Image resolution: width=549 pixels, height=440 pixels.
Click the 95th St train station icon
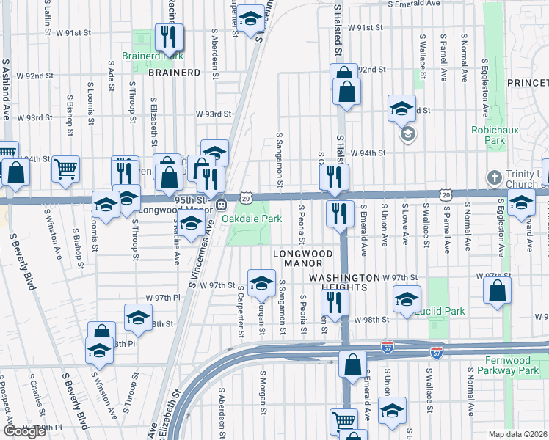pos(220,204)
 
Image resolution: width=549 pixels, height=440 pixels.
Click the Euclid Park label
pos(439,311)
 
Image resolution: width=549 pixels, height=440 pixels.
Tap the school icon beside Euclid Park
pos(406,298)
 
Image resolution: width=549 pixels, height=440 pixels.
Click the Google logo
pos(24,430)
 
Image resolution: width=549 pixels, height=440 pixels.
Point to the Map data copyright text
pos(518,434)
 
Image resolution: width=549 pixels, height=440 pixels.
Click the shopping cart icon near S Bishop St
pos(65,169)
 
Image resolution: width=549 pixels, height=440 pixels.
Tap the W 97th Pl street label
pos(162,297)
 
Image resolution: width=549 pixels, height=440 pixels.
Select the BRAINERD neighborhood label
pos(174,73)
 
